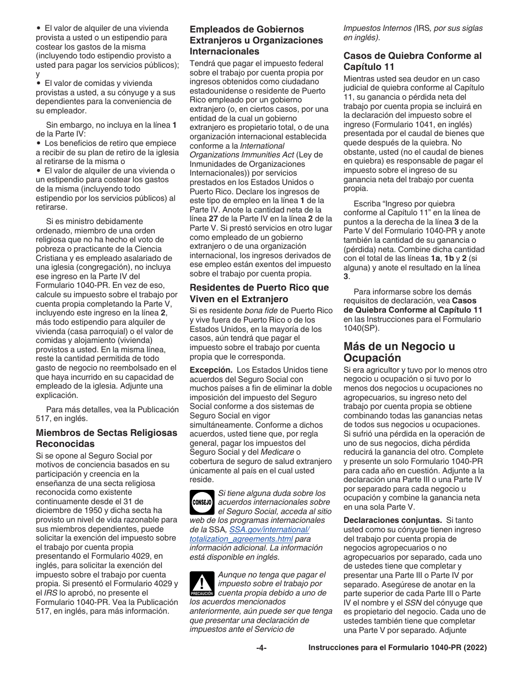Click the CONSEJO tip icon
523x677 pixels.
click(202, 503)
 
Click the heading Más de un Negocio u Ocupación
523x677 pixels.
click(399, 352)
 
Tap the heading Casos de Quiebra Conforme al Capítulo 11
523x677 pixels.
click(412, 61)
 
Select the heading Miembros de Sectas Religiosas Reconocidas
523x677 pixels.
click(106, 438)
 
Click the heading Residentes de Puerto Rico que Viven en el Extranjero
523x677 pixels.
click(259, 293)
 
